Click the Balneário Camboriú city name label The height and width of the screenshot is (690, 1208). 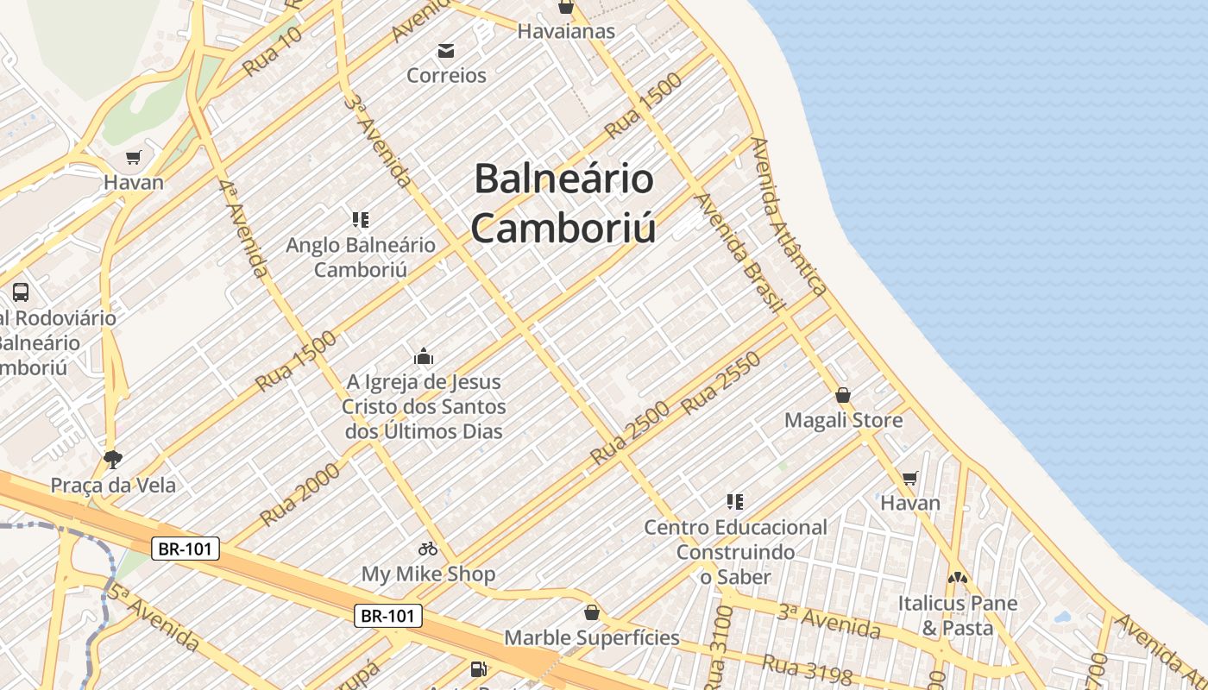coord(563,204)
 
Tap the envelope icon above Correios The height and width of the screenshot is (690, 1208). coord(446,51)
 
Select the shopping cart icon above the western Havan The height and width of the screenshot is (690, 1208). coord(133,158)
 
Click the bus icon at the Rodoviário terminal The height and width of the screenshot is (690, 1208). coord(21,292)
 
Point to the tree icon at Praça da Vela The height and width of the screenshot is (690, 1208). coord(112,459)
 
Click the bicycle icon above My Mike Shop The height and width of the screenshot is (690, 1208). coord(428,549)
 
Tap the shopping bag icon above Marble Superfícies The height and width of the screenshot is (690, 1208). coord(592,612)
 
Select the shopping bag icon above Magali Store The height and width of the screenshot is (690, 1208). coord(843,395)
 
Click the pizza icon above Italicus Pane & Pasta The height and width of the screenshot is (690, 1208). coord(957,577)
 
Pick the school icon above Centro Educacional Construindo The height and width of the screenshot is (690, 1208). coord(735,501)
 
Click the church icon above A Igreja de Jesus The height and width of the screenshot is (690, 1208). coord(424,356)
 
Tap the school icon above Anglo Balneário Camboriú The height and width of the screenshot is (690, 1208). coord(361,220)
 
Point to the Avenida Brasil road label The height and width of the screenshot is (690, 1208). coord(739,252)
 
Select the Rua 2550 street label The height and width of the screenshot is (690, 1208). coord(720,383)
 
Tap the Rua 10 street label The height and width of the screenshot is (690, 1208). coord(273,52)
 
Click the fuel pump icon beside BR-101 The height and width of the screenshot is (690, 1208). coord(477,668)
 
